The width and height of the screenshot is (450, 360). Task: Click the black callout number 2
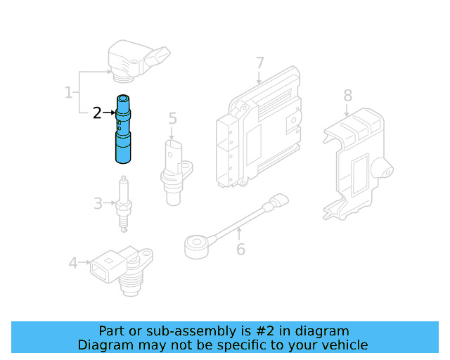tap(97, 112)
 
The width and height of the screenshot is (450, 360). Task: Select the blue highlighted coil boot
tap(123, 129)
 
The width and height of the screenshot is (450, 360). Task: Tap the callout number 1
tap(69, 92)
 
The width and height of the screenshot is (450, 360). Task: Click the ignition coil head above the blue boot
tap(139, 61)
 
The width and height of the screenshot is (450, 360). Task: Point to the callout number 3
tap(98, 203)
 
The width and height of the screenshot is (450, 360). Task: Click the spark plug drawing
tap(124, 204)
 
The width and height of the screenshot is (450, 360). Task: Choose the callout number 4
tap(73, 263)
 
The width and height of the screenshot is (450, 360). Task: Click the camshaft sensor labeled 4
tap(122, 271)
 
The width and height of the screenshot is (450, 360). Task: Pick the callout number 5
tap(172, 118)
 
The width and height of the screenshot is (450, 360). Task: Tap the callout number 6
tap(240, 249)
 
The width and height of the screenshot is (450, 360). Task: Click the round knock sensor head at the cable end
tap(197, 247)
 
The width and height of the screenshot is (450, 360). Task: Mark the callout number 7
tap(259, 63)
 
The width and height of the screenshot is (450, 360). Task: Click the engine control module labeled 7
tap(259, 127)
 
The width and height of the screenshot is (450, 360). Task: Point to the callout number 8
tap(348, 96)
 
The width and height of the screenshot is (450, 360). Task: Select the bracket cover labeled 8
tap(358, 164)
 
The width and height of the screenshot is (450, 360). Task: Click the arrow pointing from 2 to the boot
tap(109, 112)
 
